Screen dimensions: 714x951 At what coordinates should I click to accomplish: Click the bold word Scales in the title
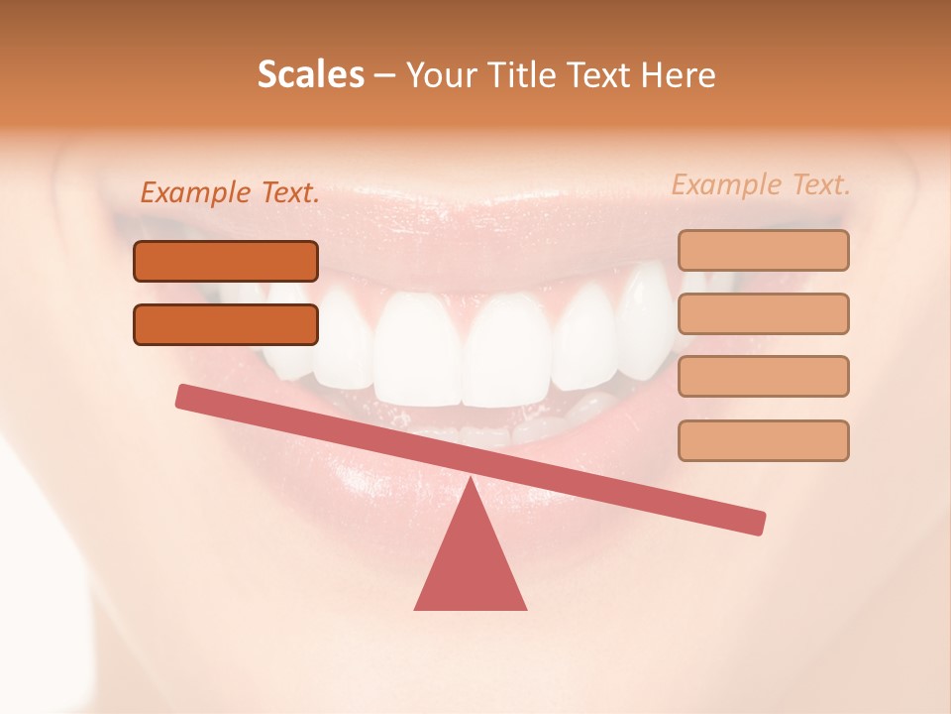(310, 75)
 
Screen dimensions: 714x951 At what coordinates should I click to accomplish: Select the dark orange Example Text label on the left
(230, 193)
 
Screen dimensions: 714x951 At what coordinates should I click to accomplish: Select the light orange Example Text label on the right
(761, 184)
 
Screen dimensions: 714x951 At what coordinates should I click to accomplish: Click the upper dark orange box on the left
(226, 261)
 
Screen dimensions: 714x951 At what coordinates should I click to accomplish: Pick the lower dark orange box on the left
(226, 324)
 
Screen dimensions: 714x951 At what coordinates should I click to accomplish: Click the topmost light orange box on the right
(763, 250)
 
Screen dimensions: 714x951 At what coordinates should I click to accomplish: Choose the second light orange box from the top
(763, 313)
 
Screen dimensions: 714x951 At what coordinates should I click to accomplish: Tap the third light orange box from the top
(763, 376)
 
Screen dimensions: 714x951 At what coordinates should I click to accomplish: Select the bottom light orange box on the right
(763, 440)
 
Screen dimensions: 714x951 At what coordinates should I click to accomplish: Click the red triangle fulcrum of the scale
(471, 565)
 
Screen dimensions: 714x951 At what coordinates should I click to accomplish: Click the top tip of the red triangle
(472, 481)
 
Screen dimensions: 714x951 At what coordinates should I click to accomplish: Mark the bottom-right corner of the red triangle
(525, 608)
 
